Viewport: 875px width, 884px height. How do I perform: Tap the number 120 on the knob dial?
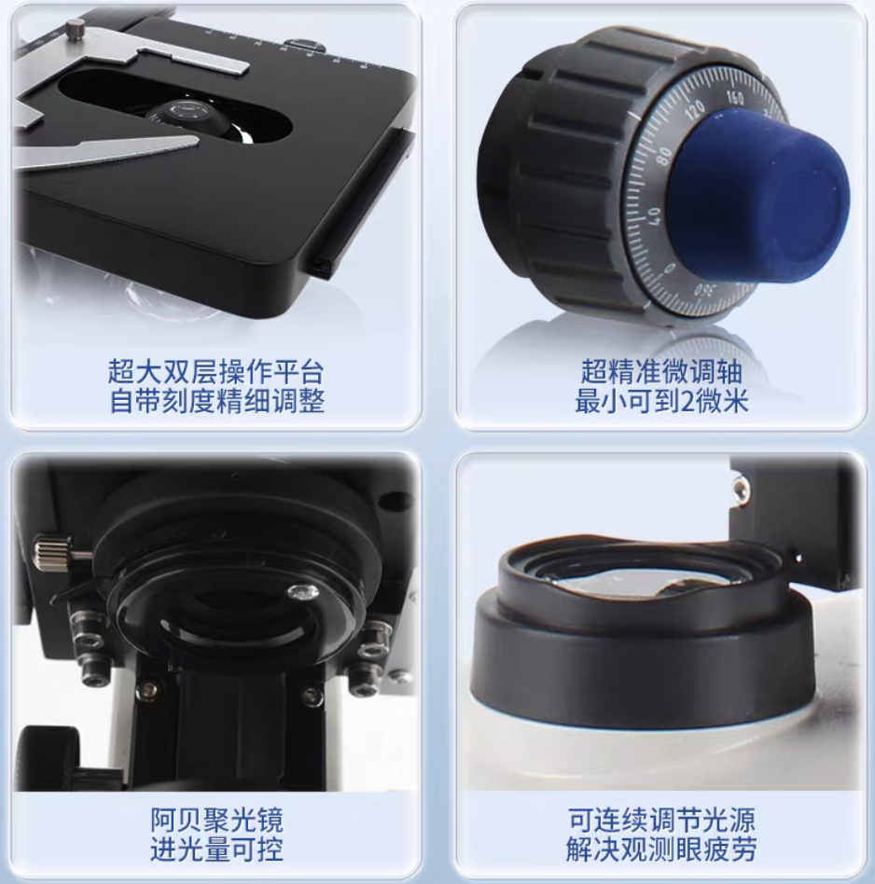[x=695, y=110]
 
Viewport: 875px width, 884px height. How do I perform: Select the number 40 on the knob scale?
[x=654, y=216]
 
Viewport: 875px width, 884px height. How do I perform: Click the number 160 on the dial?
[x=735, y=98]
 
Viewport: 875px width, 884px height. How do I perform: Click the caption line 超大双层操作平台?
[x=216, y=371]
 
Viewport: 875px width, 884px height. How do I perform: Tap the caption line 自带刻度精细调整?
[x=216, y=401]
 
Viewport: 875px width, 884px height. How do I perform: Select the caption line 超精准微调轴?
[x=661, y=371]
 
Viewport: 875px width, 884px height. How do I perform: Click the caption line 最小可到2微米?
[x=661, y=401]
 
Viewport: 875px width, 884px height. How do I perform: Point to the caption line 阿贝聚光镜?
[x=216, y=820]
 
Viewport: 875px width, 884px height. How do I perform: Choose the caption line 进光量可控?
[x=216, y=849]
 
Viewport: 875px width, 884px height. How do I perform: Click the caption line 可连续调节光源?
[x=661, y=820]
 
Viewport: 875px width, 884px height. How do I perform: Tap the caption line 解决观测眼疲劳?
[x=661, y=849]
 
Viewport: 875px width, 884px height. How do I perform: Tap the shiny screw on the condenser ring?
[x=302, y=592]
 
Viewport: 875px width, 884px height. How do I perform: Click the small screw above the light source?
[x=740, y=489]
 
